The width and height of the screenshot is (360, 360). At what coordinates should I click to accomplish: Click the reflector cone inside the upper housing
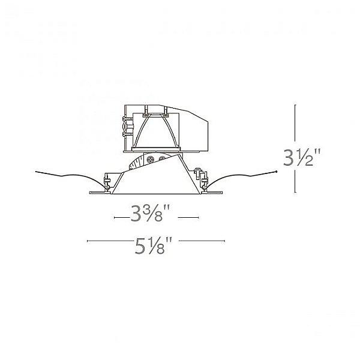(157, 130)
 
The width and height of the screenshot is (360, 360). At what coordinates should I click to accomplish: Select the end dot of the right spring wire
(275, 172)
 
